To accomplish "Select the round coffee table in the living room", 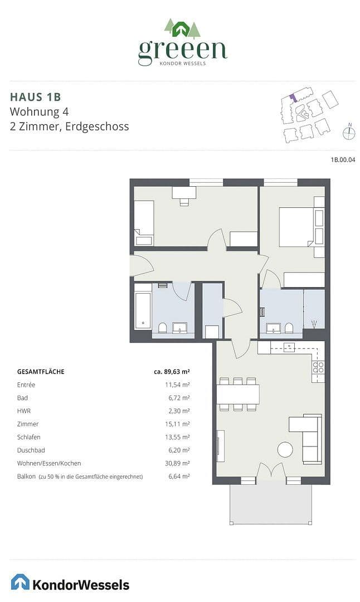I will click(285, 449).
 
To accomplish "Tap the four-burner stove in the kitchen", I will click(318, 367).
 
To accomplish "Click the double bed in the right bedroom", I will click(296, 226).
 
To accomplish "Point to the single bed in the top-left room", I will click(144, 222).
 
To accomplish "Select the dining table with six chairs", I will click(237, 395).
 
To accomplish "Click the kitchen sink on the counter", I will click(289, 347).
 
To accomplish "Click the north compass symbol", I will click(349, 132).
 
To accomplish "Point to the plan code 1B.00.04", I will click(343, 159).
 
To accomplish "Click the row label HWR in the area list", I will click(24, 411).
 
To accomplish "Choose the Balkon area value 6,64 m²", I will click(179, 477).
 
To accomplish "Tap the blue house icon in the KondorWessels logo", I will click(20, 582).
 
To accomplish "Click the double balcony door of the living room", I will click(270, 472).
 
